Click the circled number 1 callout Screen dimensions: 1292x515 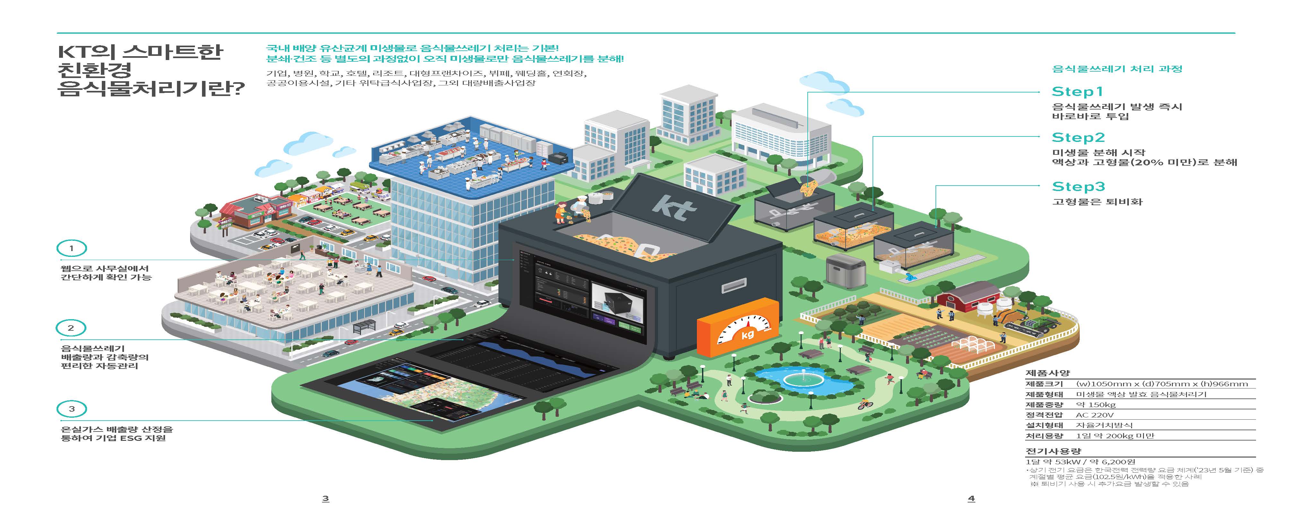[x=71, y=248]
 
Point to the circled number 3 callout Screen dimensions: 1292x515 [x=71, y=409]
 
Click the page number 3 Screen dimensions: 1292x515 [x=326, y=498]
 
